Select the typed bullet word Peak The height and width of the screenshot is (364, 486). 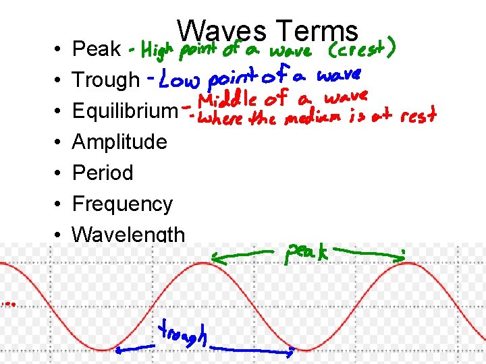click(x=96, y=49)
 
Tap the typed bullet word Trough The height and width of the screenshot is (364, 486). click(x=105, y=80)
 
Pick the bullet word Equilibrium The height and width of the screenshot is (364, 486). click(x=124, y=111)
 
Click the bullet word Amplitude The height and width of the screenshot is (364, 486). click(x=119, y=142)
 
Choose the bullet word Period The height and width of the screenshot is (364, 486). click(x=102, y=173)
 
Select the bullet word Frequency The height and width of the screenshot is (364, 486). click(x=122, y=204)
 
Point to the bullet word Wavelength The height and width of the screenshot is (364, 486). click(x=128, y=234)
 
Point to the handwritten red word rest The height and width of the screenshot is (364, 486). click(x=416, y=116)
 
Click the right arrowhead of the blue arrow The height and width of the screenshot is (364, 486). click(x=292, y=351)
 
